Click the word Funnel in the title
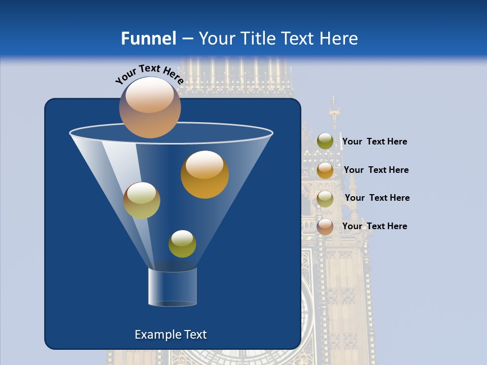click(148, 39)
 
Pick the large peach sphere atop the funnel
click(150, 107)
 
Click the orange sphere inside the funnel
click(204, 174)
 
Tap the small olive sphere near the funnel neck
click(182, 244)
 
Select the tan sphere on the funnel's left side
click(142, 200)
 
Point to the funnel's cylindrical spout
click(172, 287)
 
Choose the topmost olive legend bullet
click(325, 141)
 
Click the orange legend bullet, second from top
click(325, 170)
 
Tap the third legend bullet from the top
click(325, 199)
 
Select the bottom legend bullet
click(325, 227)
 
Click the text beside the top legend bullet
click(374, 142)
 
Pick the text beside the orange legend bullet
click(376, 170)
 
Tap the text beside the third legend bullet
click(377, 198)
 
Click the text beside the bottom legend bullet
click(374, 226)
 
